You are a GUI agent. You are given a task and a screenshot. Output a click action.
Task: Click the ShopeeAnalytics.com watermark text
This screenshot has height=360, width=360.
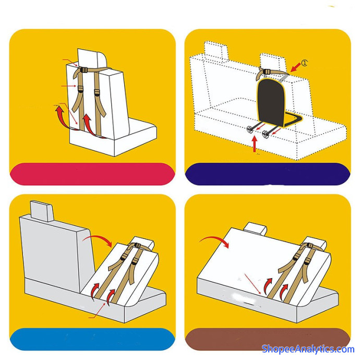[x=308, y=349]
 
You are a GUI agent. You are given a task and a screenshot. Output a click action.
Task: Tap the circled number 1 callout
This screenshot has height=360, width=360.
[x=304, y=63]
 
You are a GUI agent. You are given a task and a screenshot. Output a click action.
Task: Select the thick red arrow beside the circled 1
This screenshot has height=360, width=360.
[x=295, y=67]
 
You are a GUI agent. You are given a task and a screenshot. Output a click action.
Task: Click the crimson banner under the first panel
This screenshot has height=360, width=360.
[x=92, y=174]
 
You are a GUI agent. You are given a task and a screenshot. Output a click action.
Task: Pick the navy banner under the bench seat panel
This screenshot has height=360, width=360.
[x=268, y=174]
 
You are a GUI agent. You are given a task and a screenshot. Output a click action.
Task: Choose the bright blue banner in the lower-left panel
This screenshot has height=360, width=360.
[x=92, y=339]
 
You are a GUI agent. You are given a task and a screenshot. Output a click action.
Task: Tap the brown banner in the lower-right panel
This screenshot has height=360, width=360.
[x=268, y=339]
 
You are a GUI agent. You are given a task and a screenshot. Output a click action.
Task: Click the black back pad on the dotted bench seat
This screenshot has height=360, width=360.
[x=271, y=101]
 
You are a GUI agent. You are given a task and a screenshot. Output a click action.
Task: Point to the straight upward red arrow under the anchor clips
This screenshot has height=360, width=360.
[x=255, y=144]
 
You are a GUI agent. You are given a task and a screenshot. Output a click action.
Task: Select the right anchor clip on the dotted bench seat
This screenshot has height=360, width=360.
[x=266, y=134]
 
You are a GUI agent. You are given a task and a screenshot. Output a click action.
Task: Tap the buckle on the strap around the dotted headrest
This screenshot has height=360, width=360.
[x=267, y=71]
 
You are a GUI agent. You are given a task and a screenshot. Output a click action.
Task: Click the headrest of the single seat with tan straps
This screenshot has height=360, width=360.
[x=92, y=58]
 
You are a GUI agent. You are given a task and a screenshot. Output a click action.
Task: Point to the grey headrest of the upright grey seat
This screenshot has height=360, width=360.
[x=42, y=211]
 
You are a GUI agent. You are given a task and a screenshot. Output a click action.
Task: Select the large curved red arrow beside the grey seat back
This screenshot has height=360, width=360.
[x=98, y=239]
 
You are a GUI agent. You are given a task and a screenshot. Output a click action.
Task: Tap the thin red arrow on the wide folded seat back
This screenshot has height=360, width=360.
[x=253, y=284]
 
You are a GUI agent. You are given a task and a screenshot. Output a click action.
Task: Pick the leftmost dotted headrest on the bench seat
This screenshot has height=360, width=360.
[x=216, y=50]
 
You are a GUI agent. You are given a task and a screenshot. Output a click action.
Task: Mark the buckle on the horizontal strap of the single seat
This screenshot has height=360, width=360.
[x=83, y=70]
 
